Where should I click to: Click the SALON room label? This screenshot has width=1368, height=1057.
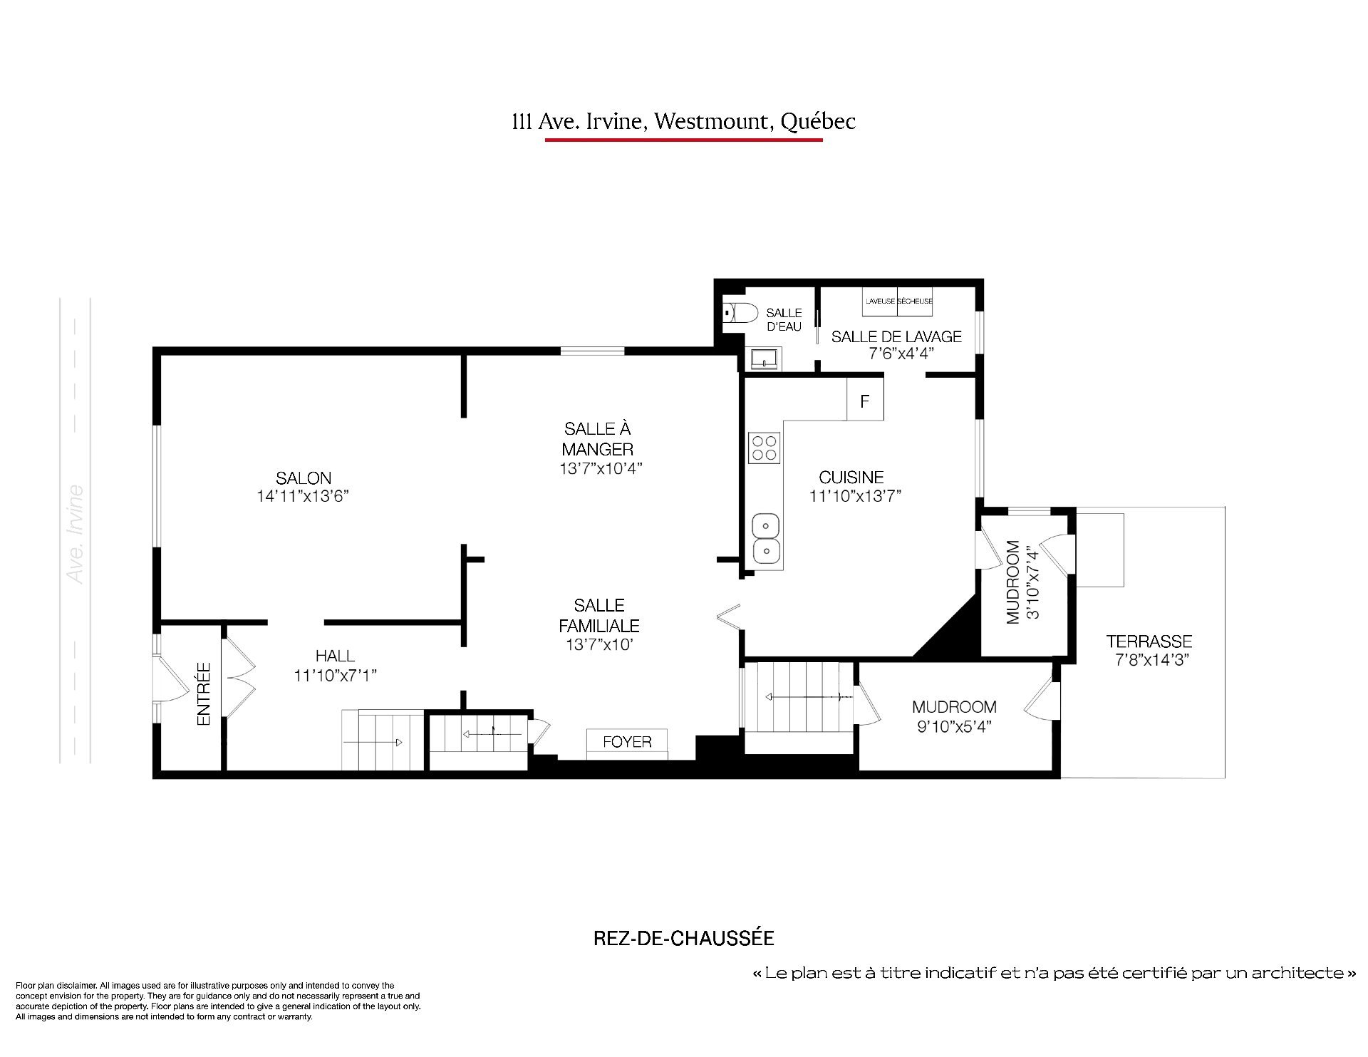click(x=304, y=478)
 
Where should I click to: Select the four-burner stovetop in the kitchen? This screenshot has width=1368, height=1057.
click(x=765, y=448)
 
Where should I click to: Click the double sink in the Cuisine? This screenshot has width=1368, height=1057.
click(x=766, y=538)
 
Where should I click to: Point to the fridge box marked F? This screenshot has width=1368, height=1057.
click(x=865, y=401)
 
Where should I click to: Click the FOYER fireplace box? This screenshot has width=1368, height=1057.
click(x=627, y=741)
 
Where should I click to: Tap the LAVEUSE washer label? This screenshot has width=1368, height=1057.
click(x=880, y=301)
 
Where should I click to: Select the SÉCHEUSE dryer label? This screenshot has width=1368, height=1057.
click(x=915, y=301)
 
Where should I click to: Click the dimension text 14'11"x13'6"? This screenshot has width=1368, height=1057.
click(x=303, y=496)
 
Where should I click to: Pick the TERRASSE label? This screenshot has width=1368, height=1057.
click(x=1149, y=641)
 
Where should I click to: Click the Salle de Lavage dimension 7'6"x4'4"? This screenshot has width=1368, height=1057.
click(x=897, y=354)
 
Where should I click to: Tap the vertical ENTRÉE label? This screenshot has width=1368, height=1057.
click(x=204, y=694)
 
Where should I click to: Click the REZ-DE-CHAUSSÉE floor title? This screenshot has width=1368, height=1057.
click(x=684, y=938)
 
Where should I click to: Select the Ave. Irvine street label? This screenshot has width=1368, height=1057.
click(x=75, y=535)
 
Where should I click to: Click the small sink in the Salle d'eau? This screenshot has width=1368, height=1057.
click(x=765, y=359)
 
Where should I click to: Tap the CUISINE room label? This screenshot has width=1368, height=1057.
click(x=851, y=478)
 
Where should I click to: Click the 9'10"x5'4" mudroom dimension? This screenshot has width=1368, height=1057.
click(x=954, y=726)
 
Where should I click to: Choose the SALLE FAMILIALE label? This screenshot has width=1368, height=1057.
click(x=599, y=616)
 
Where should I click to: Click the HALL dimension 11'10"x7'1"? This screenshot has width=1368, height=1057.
click(x=335, y=675)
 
